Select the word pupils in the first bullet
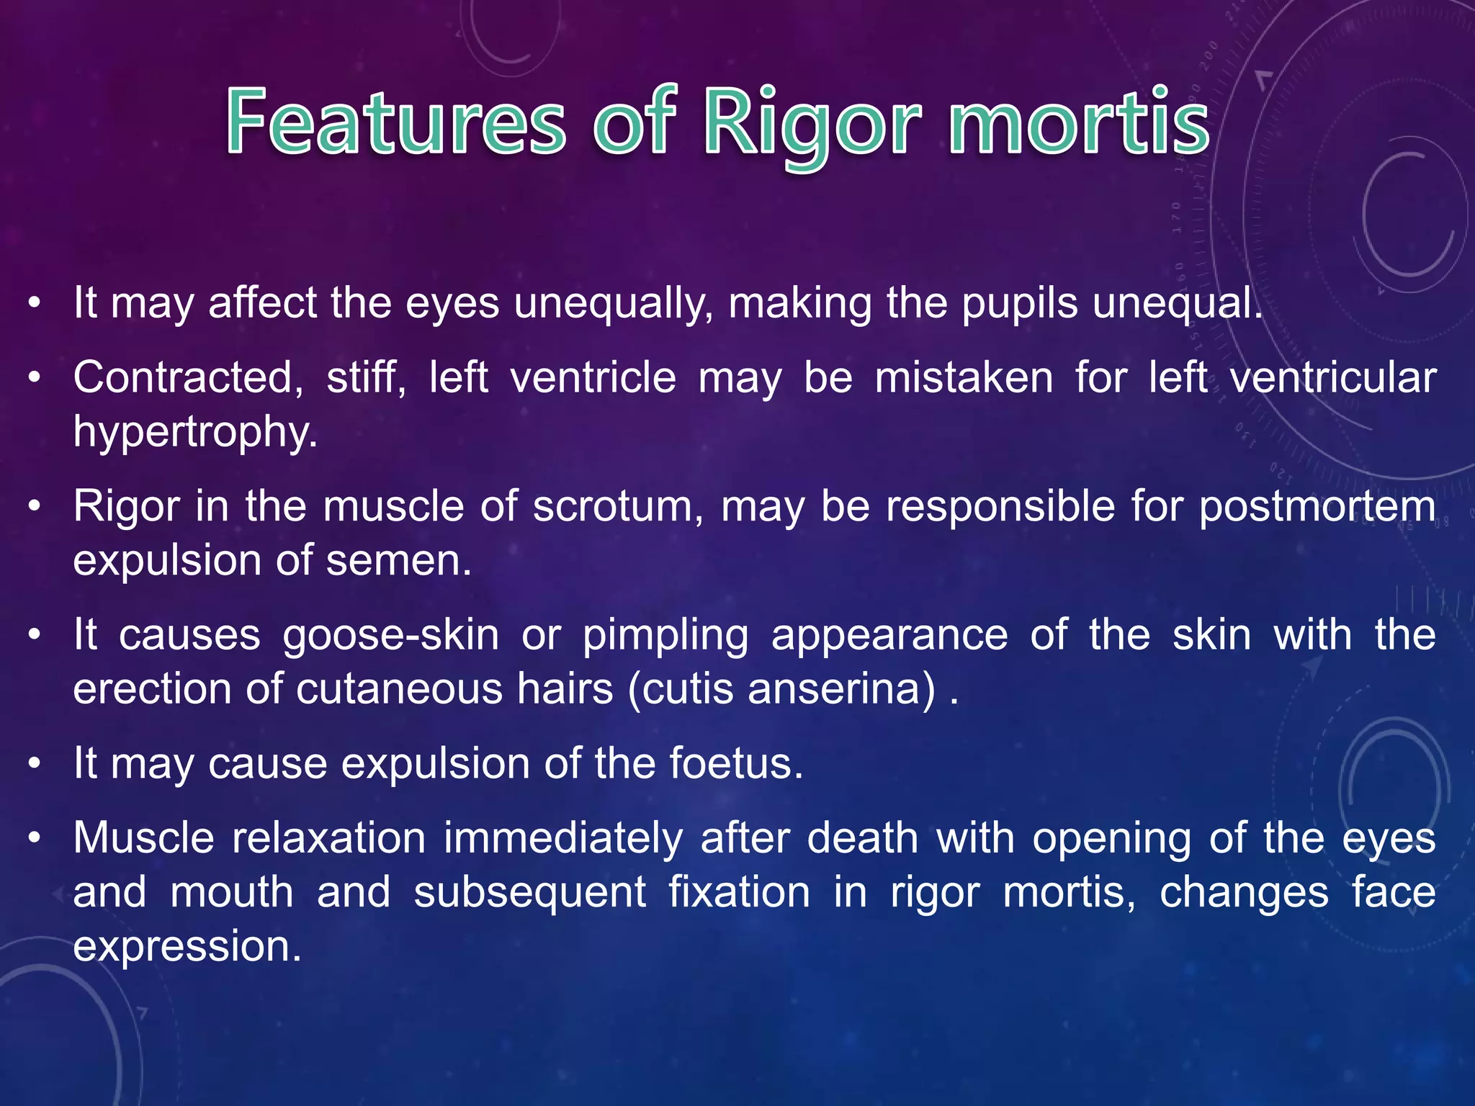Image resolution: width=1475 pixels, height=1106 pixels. (1019, 303)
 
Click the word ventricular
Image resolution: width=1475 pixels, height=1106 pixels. (1332, 377)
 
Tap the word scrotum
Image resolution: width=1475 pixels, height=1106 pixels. (619, 506)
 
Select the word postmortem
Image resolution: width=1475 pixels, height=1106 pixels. (1317, 507)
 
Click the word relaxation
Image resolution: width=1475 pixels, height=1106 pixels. (328, 839)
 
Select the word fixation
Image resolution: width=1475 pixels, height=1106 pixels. (739, 893)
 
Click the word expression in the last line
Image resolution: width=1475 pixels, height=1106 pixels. (187, 948)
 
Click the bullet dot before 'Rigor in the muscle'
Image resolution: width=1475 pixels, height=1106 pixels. (35, 507)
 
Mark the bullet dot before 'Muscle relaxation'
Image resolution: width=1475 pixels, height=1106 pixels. (35, 840)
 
